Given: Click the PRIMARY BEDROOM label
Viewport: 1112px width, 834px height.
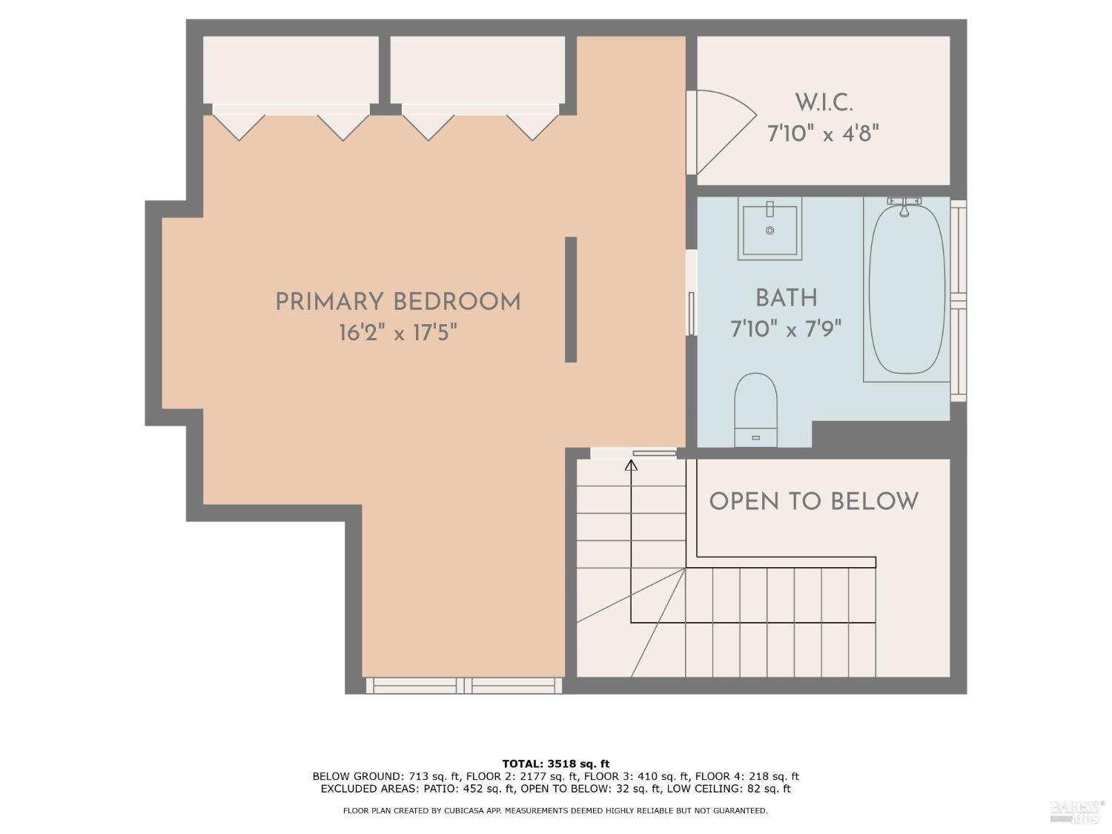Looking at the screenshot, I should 397,302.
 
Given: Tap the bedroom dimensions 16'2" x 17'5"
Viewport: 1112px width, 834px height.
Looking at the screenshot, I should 397,333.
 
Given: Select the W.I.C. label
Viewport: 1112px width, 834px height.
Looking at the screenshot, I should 823,102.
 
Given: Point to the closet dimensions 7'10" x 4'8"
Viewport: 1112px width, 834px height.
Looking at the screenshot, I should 823,134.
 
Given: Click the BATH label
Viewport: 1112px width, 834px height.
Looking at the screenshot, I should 786,298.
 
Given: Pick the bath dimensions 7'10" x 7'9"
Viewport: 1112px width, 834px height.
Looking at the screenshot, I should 786,328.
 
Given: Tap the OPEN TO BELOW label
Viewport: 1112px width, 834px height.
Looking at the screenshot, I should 813,502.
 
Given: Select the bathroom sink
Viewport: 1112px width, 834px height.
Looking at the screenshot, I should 770,229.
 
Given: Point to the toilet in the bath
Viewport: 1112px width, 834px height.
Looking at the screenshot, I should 755,408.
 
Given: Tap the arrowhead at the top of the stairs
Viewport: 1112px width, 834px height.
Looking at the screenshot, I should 631,466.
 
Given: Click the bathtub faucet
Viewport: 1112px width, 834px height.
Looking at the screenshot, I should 904,205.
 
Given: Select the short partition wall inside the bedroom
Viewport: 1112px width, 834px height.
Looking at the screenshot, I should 571,299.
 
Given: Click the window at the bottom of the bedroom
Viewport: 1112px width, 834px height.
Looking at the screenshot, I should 464,686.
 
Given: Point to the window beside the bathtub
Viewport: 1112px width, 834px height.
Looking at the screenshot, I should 959,300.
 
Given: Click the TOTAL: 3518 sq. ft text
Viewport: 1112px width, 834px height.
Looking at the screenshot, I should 555,764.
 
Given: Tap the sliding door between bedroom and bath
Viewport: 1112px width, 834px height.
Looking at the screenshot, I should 691,297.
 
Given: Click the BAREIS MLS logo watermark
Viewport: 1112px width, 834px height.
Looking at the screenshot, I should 1076,812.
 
